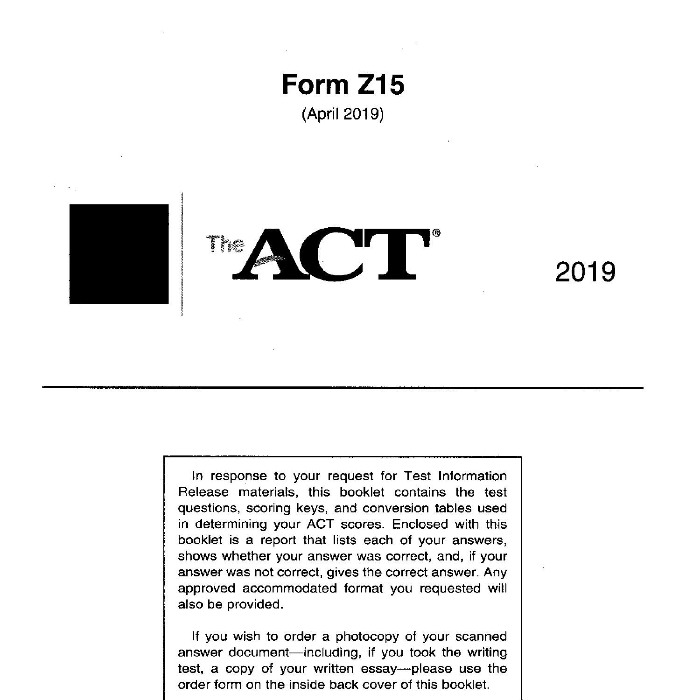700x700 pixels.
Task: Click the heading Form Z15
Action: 343,85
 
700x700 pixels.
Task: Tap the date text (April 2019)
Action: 343,114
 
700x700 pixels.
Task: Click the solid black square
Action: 119,254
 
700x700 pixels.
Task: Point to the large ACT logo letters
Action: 331,254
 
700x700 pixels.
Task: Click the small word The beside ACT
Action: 225,244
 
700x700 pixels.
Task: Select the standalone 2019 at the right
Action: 585,272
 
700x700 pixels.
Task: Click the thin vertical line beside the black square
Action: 182,254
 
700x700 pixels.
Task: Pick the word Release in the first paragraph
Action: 203,492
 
